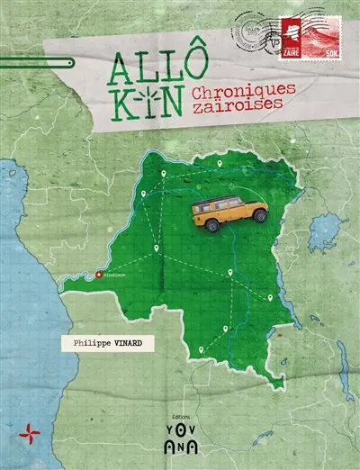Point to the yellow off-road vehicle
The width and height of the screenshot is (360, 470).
coord(230,212)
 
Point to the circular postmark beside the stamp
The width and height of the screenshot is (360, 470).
coord(255,33)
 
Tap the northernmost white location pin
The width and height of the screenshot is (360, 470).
coord(219,164)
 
